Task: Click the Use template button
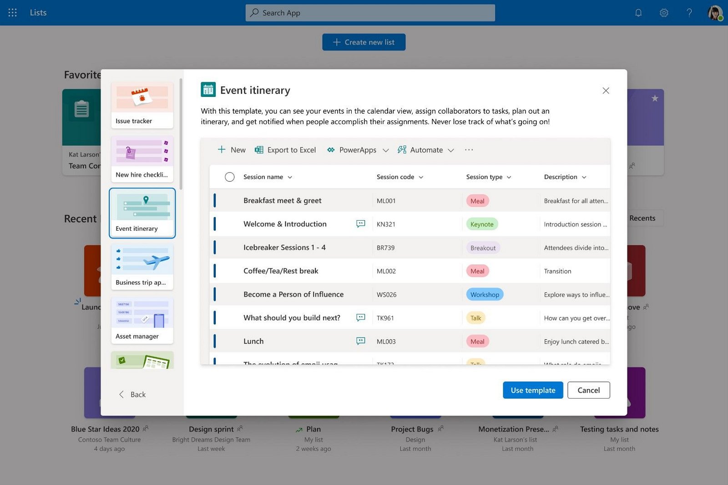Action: pyautogui.click(x=533, y=390)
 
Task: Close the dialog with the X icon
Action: pyautogui.click(x=606, y=91)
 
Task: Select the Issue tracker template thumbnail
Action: pyautogui.click(x=142, y=105)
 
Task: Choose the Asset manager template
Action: pyautogui.click(x=142, y=320)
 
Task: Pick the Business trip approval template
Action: pyautogui.click(x=142, y=267)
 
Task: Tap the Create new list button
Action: pyautogui.click(x=364, y=42)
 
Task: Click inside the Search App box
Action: pyautogui.click(x=370, y=13)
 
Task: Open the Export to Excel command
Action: pyautogui.click(x=285, y=150)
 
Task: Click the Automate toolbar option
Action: pyautogui.click(x=425, y=150)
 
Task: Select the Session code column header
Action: pyautogui.click(x=395, y=177)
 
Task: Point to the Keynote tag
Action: pyautogui.click(x=482, y=224)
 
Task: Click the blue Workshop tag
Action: pyautogui.click(x=485, y=295)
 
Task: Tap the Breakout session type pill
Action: pyautogui.click(x=483, y=248)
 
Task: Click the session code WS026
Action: pyautogui.click(x=387, y=295)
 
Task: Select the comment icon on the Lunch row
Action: pyautogui.click(x=361, y=341)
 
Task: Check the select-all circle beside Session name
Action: pyautogui.click(x=230, y=177)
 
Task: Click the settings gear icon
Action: pyautogui.click(x=664, y=13)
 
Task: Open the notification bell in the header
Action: pyautogui.click(x=638, y=13)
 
